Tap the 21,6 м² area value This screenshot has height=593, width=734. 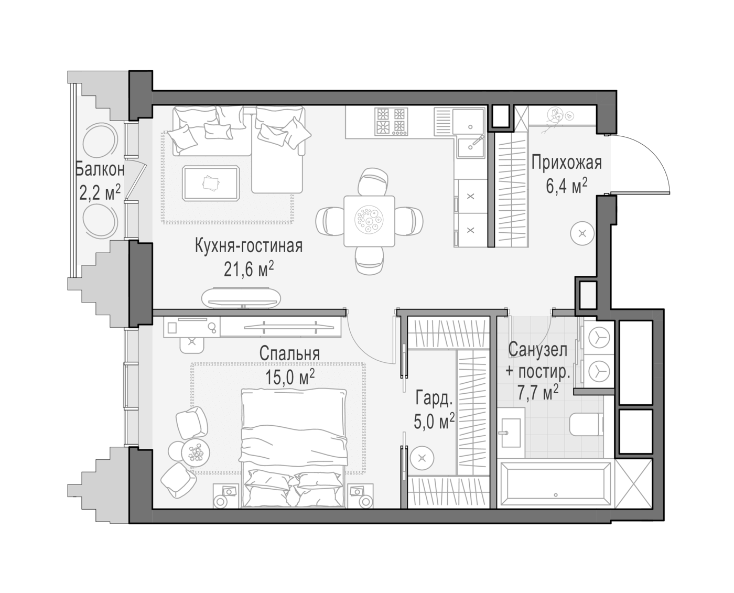(x=249, y=269)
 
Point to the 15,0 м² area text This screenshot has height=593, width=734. (x=290, y=377)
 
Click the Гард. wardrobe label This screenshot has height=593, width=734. (x=434, y=398)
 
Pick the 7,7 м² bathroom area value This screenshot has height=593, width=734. (x=538, y=393)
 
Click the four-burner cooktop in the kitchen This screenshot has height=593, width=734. (x=391, y=121)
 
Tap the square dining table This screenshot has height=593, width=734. (x=369, y=221)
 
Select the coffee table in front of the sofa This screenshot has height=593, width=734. (x=211, y=183)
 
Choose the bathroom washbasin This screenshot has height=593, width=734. (x=511, y=433)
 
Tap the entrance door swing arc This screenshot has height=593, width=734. (x=652, y=155)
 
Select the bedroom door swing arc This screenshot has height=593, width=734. (x=366, y=348)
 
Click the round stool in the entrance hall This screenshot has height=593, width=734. (x=582, y=234)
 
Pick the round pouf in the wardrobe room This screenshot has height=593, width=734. (x=422, y=458)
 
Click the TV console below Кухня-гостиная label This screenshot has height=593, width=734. (x=241, y=297)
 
